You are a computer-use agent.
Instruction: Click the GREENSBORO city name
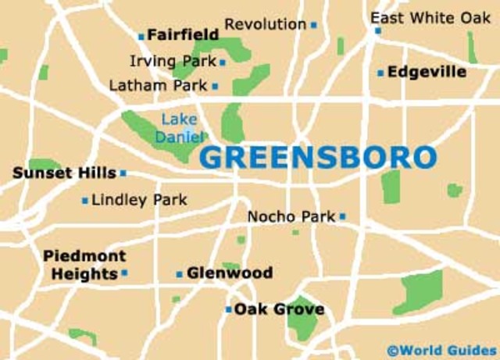(x=317, y=157)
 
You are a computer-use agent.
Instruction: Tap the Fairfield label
(x=183, y=35)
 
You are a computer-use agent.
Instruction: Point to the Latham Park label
(x=159, y=84)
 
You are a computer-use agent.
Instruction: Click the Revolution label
(x=266, y=24)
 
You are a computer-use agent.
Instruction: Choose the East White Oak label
(x=430, y=17)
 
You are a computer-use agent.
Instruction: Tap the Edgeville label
(x=427, y=72)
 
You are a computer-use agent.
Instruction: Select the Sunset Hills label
(x=64, y=173)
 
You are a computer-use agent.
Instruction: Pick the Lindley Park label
(x=139, y=200)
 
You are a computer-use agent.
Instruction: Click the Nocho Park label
(x=291, y=216)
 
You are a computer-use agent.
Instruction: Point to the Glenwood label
(x=230, y=273)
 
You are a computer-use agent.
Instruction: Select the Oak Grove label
(x=279, y=309)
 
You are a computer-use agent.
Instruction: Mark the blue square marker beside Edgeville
(x=380, y=73)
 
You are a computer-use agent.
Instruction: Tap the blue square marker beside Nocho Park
(x=342, y=216)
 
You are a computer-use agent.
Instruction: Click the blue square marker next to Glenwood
(x=179, y=274)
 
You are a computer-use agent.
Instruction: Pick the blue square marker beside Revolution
(x=313, y=25)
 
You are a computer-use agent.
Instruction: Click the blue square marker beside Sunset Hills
(x=123, y=173)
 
